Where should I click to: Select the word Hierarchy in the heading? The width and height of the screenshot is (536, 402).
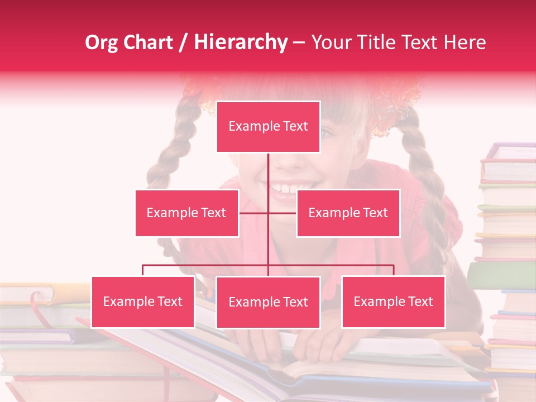(240, 42)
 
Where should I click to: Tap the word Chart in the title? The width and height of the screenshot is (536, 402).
(149, 42)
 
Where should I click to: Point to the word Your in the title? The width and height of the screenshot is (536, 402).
(330, 42)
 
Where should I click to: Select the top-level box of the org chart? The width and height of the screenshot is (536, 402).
(268, 127)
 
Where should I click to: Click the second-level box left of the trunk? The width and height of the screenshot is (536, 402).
(186, 213)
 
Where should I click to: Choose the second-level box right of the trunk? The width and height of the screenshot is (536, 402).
(348, 213)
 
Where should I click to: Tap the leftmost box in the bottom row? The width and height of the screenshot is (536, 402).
(143, 301)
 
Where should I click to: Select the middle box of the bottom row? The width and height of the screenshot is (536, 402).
(268, 302)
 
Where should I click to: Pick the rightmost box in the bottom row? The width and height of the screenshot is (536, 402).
(393, 301)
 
